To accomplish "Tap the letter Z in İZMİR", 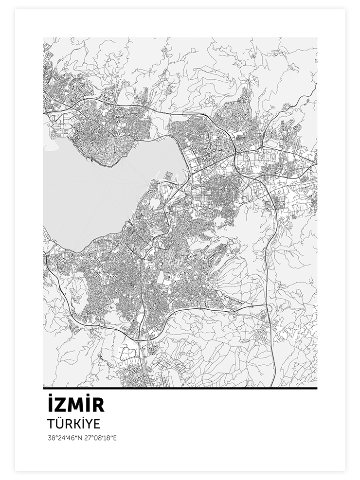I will point(60,406).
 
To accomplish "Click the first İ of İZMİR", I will point(50,406).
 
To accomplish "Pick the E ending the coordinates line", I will point(115,438).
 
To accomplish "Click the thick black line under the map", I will point(180,388).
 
